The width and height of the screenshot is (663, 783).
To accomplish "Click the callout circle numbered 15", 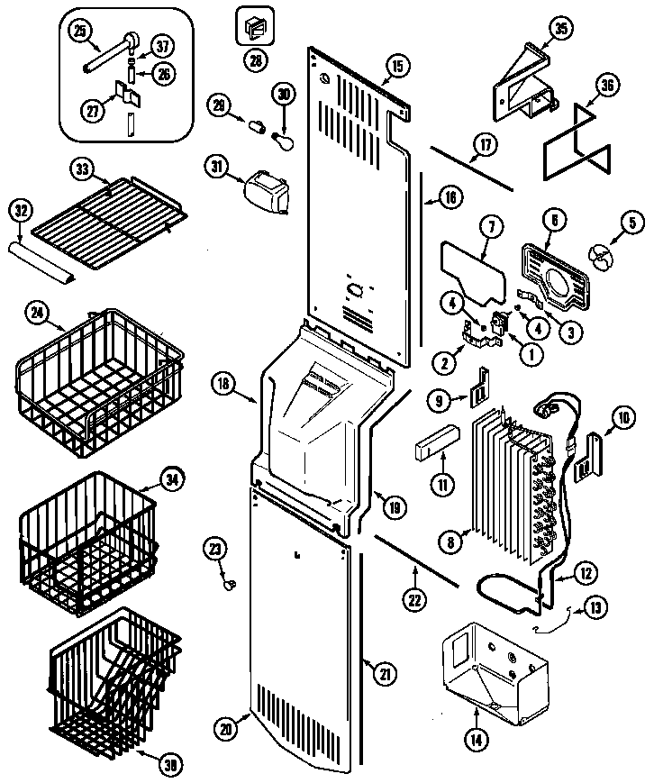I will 396,65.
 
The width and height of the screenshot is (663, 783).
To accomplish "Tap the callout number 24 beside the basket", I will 36,314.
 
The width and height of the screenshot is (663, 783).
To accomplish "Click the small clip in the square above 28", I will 253,27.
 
